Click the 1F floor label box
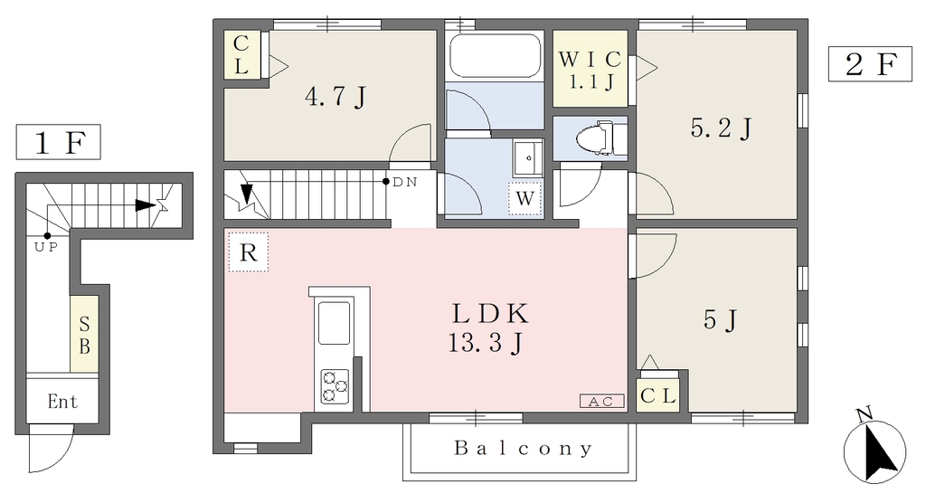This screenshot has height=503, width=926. (58, 142)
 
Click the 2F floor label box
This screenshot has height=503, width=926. (871, 64)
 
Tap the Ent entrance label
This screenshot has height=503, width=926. (62, 402)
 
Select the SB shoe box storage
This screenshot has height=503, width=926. (84, 334)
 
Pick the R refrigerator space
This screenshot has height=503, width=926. (249, 252)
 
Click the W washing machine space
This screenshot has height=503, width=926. (525, 199)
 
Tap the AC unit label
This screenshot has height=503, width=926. (601, 402)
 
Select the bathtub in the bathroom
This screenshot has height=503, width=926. (495, 55)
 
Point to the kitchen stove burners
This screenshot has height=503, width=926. (335, 386)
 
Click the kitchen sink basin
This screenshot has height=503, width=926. (335, 323)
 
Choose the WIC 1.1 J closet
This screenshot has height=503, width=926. (590, 69)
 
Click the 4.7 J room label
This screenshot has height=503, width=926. (335, 96)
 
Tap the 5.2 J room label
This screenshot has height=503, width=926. (721, 128)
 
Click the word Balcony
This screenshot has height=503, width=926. (524, 449)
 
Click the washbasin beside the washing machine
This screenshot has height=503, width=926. (528, 157)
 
